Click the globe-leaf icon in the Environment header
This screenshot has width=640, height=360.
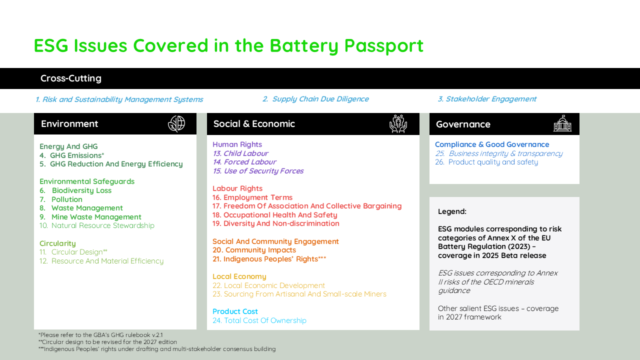click(x=176, y=123)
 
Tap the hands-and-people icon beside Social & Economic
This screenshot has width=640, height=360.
click(x=398, y=123)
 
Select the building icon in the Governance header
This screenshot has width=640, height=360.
click(x=562, y=123)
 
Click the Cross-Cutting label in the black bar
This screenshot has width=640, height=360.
click(x=71, y=78)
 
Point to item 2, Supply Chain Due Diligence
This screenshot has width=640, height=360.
click(x=315, y=99)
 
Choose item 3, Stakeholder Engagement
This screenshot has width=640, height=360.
click(x=487, y=99)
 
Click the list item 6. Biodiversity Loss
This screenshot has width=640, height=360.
click(x=75, y=190)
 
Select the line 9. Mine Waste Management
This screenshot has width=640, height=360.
click(x=90, y=217)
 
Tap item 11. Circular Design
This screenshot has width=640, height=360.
click(x=73, y=252)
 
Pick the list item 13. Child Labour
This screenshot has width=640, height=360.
click(x=240, y=153)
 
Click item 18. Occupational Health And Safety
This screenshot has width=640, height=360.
click(x=275, y=215)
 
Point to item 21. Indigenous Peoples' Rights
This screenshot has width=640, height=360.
click(x=269, y=259)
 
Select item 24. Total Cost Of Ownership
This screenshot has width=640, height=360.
click(x=259, y=320)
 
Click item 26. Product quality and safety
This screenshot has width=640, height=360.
click(x=486, y=162)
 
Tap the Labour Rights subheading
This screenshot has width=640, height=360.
click(x=237, y=188)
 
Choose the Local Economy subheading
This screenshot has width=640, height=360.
click(x=239, y=276)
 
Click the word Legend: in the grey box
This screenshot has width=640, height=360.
click(x=452, y=211)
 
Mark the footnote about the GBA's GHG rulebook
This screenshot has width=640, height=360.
click(x=100, y=335)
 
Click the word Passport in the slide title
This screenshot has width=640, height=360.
click(x=383, y=46)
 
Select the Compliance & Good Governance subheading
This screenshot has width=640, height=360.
click(x=492, y=144)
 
